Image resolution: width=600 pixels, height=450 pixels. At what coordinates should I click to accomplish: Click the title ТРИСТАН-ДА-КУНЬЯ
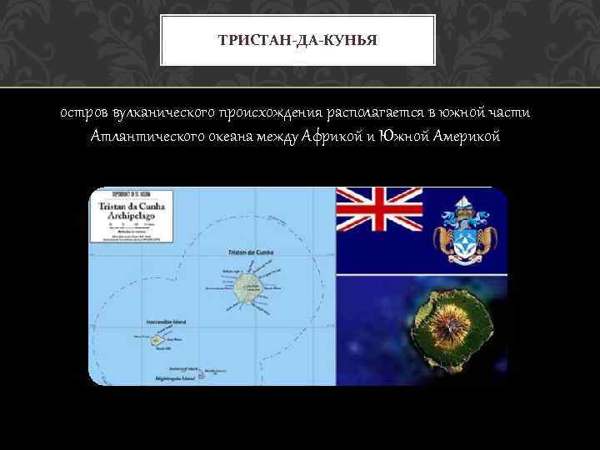(297, 38)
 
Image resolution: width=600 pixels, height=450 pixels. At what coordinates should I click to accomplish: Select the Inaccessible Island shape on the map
(156, 340)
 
